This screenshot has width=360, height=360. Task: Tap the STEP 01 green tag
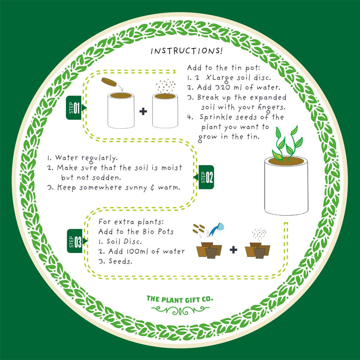(x=74, y=108)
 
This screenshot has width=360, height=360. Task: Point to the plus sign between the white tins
(x=143, y=111)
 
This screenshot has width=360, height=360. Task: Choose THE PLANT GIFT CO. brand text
(x=180, y=298)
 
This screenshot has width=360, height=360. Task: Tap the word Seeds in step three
(x=120, y=261)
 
